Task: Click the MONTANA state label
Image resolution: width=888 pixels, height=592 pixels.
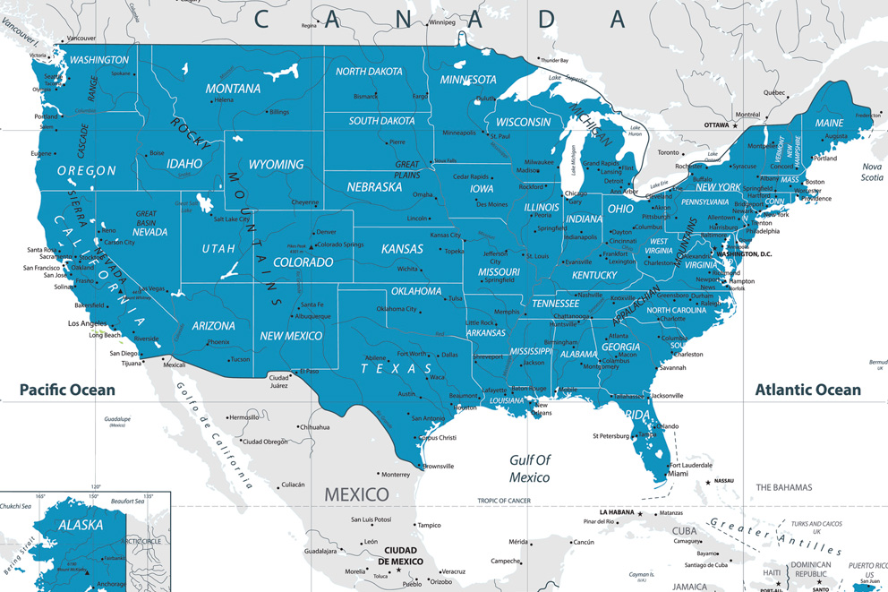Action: coord(233,89)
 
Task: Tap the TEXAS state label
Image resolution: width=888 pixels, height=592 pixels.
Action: coord(397,369)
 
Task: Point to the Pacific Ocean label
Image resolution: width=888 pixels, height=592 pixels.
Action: coord(67,390)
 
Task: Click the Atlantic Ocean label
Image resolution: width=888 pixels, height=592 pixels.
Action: coord(807,390)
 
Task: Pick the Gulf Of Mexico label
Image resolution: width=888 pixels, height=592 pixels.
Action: coord(531,468)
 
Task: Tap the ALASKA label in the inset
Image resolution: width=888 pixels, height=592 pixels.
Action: coord(81,525)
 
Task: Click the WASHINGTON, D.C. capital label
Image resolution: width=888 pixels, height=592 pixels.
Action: coord(744,254)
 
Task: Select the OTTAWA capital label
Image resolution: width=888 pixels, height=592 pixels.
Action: coord(716,125)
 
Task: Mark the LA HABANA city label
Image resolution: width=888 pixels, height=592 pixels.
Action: coord(617,513)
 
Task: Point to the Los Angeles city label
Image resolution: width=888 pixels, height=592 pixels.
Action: coord(88,323)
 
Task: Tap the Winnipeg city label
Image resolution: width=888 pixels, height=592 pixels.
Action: coord(441,22)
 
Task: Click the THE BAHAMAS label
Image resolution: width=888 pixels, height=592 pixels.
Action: coord(783,487)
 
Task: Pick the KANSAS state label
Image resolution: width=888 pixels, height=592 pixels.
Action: coord(402,248)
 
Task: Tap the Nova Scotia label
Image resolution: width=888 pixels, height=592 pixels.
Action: coord(872,172)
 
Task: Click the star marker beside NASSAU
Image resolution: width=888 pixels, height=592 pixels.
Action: coord(708,482)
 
